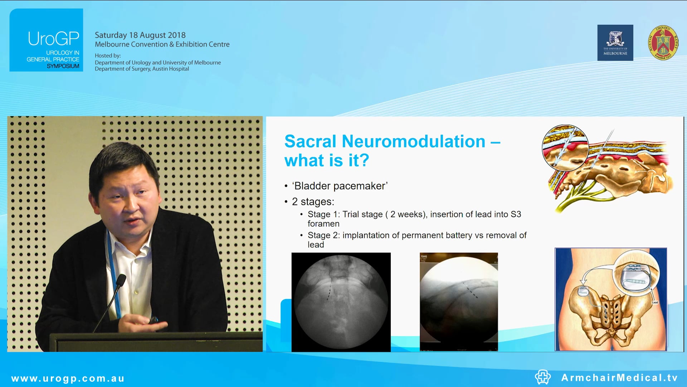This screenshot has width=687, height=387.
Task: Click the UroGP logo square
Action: point(46,40)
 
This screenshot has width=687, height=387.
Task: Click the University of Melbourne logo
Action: point(615,43)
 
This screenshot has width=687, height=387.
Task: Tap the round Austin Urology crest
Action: point(663,43)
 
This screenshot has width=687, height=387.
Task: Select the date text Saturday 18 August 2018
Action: point(140,35)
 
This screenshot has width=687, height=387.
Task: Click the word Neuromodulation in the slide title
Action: point(413,142)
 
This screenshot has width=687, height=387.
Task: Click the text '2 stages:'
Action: point(313,202)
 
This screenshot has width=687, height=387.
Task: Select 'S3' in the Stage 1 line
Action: point(516,214)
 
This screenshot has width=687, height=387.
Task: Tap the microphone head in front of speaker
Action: point(121,280)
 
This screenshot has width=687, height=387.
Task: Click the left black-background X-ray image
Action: point(341,302)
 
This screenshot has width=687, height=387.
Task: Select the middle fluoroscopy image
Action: point(458,302)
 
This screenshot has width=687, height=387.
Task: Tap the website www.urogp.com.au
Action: point(68,378)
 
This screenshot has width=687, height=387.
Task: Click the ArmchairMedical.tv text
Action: point(619,378)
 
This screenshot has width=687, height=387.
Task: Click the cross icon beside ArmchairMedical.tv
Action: point(542,377)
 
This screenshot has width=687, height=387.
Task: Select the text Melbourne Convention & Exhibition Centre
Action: point(162,44)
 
